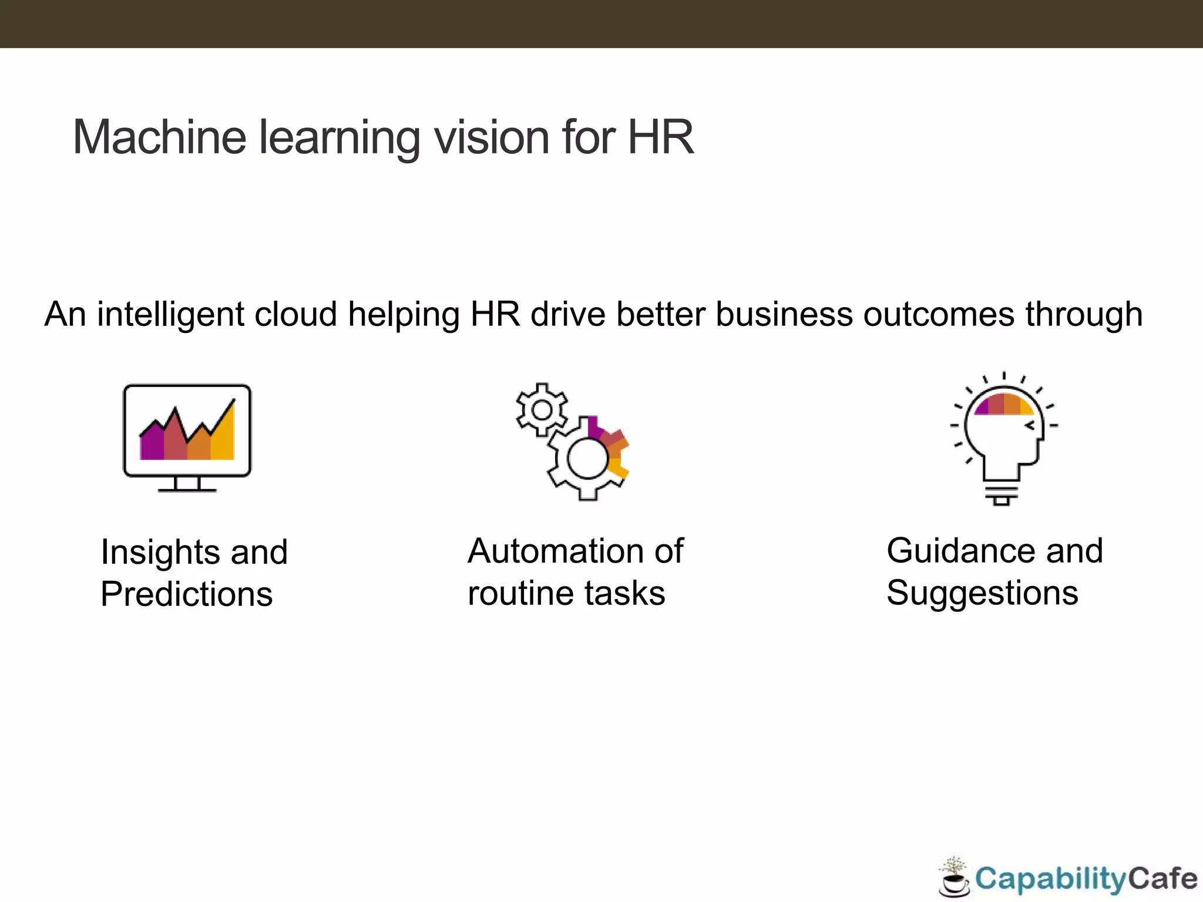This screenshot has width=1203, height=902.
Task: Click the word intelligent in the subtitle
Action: coord(170,315)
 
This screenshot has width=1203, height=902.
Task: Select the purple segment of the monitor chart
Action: coord(152,443)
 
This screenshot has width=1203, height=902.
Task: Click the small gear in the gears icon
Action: coord(542,409)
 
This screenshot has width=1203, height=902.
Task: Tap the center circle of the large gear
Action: coord(587,459)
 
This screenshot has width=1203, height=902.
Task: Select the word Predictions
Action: coord(187,594)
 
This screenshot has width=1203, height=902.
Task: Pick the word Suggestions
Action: coord(982,593)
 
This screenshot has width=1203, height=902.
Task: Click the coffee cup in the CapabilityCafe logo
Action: coord(954,883)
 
